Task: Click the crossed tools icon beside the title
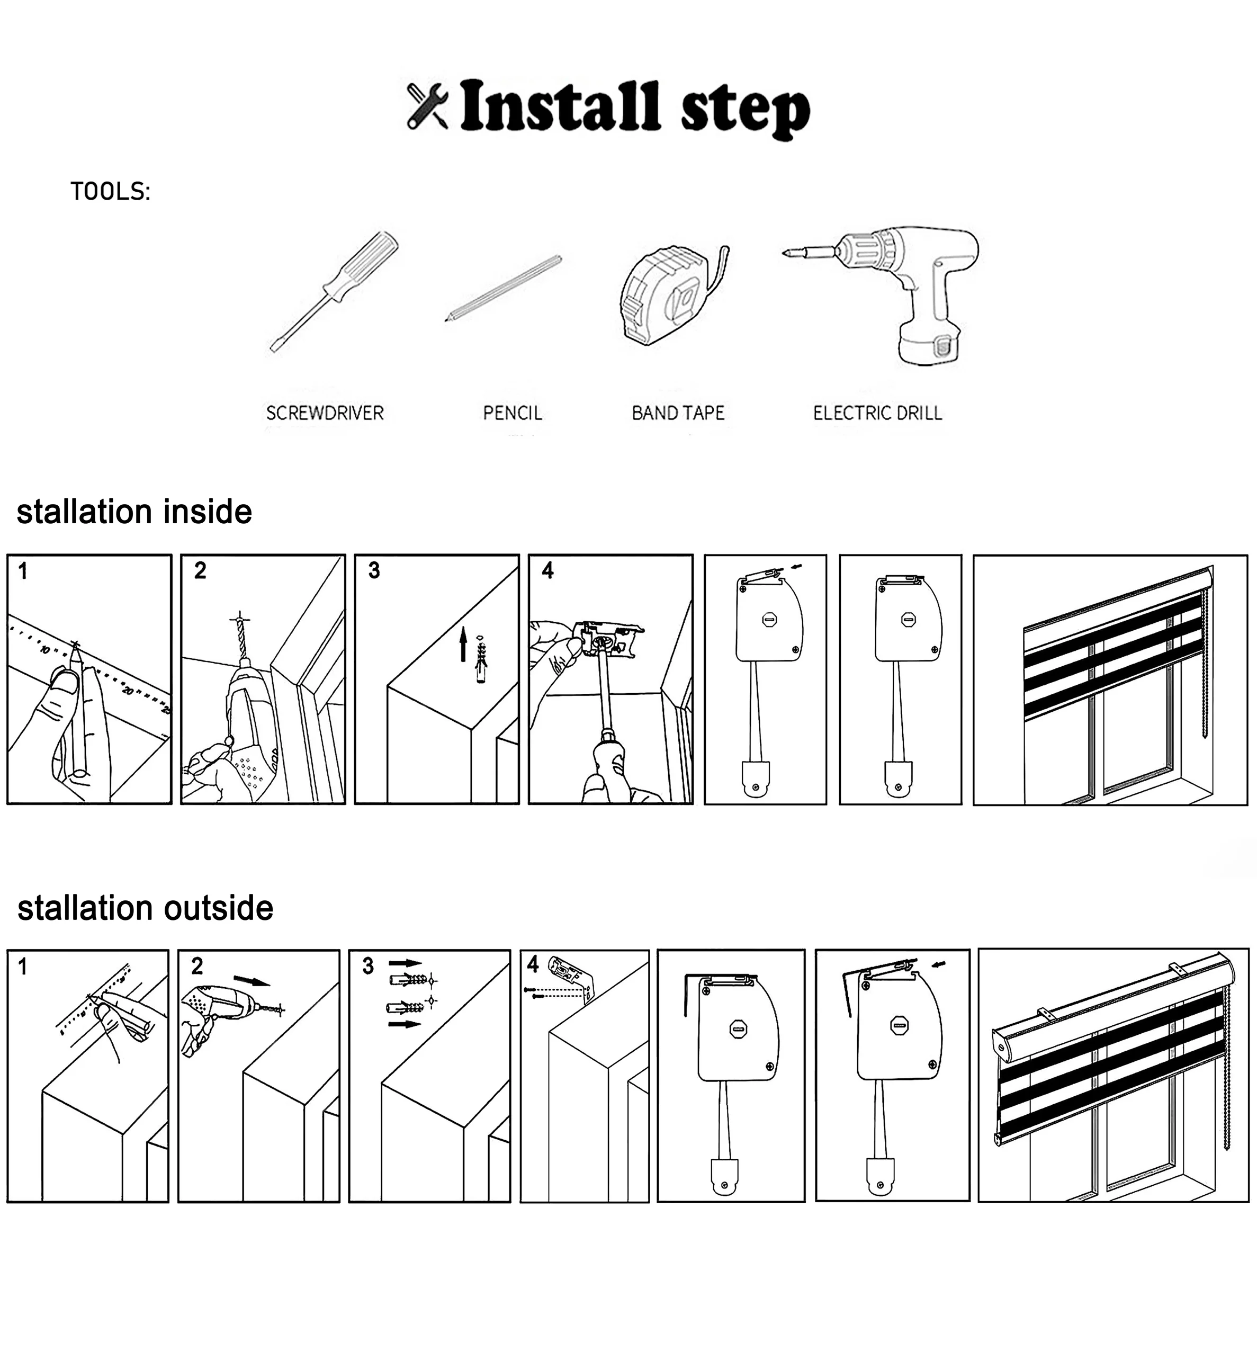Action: [x=427, y=106]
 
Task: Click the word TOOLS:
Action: [x=110, y=192]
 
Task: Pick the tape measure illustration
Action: [x=672, y=296]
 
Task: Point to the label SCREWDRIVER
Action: [x=325, y=413]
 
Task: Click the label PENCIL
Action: [x=513, y=413]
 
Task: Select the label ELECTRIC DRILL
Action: [x=877, y=413]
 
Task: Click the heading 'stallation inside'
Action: [x=134, y=512]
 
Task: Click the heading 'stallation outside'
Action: [x=145, y=909]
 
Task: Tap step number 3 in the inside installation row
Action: [x=374, y=571]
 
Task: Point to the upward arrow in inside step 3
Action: [x=463, y=643]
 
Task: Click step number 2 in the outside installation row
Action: [x=197, y=965]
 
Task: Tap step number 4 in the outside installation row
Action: [x=533, y=964]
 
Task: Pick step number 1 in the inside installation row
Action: [x=23, y=571]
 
